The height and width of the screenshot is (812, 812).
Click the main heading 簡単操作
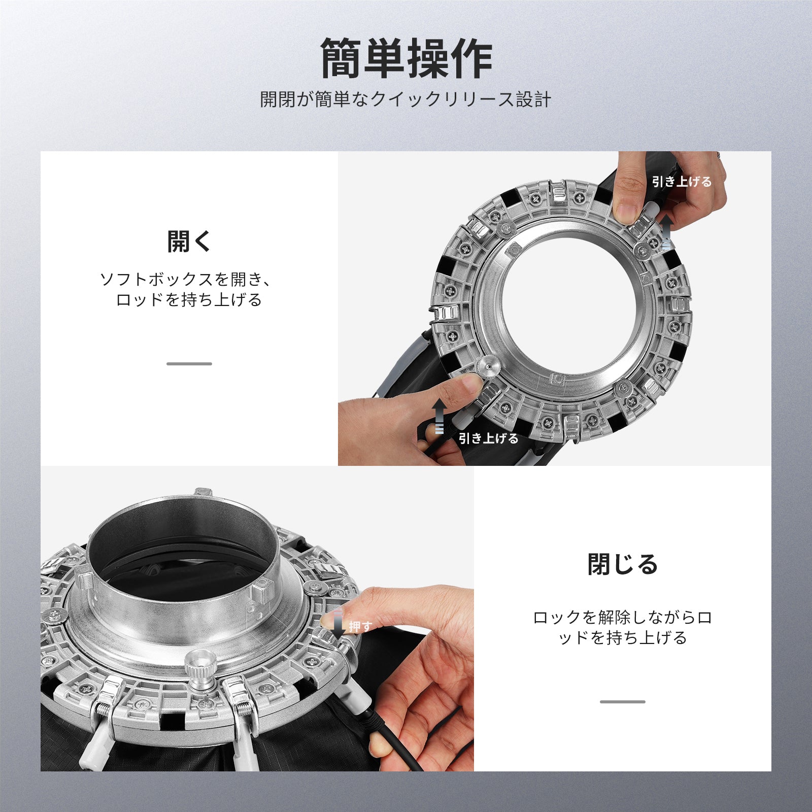[406, 59]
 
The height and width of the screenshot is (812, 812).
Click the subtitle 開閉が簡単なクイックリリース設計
[405, 99]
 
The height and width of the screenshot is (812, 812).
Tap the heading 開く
[189, 241]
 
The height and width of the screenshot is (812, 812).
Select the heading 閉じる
[623, 564]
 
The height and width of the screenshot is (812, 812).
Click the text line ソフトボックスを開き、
[187, 279]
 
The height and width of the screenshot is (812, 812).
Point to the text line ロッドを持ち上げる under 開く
[189, 300]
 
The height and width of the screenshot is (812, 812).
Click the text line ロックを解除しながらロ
[623, 618]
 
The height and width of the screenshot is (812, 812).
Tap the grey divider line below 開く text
[189, 364]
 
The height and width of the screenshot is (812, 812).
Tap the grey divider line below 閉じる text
[623, 702]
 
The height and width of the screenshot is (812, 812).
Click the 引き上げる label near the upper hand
[682, 182]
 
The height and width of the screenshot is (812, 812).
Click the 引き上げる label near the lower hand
[488, 438]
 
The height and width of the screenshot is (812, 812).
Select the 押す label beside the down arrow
[360, 627]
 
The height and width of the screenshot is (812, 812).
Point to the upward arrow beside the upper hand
[667, 231]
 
